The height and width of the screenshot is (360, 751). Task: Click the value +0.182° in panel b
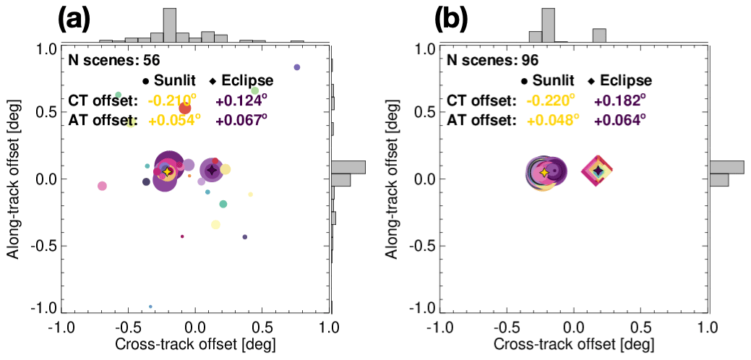(619, 100)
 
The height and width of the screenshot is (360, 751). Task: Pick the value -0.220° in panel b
(551, 100)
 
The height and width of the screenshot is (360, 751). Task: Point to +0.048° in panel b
(551, 119)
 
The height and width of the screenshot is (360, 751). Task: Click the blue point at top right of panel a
(296, 67)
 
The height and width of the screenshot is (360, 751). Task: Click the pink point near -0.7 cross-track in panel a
(102, 186)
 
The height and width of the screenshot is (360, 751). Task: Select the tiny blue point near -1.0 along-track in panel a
(150, 307)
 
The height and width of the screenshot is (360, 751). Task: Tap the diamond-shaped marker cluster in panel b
(598, 171)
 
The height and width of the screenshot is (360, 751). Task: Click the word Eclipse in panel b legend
(625, 80)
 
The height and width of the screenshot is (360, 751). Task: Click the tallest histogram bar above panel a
(170, 24)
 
